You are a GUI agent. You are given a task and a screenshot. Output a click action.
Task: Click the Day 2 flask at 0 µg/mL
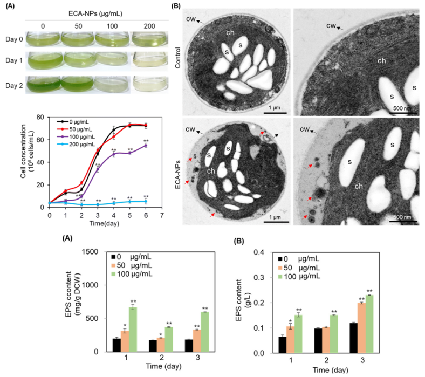[x=44, y=85]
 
